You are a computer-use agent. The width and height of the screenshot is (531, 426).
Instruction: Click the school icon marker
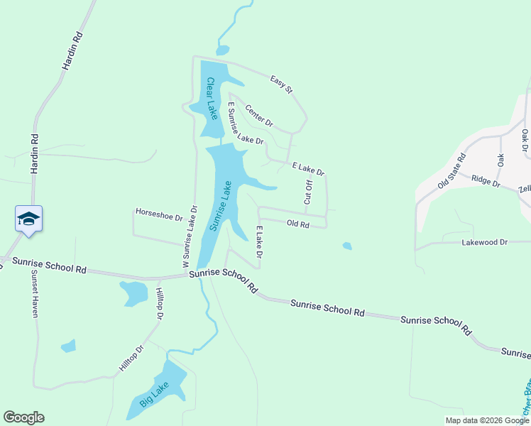tap(28, 218)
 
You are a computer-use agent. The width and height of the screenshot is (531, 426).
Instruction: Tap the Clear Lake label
tap(211, 98)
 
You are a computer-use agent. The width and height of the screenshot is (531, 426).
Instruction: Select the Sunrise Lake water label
tap(221, 205)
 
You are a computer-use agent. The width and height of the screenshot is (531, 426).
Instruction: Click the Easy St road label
tap(281, 84)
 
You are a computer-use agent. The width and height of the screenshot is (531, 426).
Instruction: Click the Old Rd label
tap(297, 224)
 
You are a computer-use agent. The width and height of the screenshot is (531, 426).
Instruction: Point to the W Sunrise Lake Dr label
tap(190, 236)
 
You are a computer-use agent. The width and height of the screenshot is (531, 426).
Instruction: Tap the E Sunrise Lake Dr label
tap(245, 123)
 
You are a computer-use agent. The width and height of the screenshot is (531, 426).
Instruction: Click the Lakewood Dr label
tap(485, 242)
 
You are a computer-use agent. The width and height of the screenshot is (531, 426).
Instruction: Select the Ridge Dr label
tap(486, 182)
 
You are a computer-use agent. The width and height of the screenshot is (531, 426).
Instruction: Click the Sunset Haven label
tap(33, 296)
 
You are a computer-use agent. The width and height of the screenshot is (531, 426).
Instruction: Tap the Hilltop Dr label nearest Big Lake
tap(131, 359)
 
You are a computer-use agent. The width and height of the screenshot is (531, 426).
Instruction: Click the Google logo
tap(23, 417)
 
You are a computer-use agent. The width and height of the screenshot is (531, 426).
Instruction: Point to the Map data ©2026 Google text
tap(486, 420)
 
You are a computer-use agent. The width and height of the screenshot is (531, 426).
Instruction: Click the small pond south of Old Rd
tap(346, 246)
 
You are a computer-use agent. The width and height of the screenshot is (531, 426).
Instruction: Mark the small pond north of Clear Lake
tap(223, 50)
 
